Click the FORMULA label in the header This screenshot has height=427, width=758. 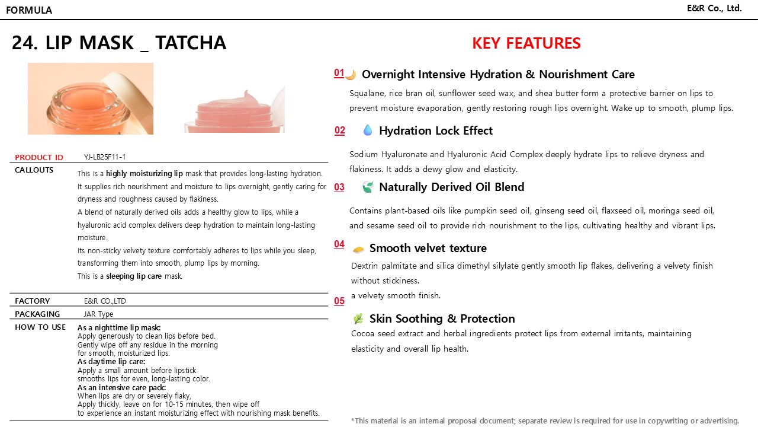(x=29, y=10)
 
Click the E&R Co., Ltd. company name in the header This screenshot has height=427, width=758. (x=714, y=8)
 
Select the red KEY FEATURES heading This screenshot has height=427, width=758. (x=526, y=43)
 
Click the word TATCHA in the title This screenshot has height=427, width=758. (x=191, y=43)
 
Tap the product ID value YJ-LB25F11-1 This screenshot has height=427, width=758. (x=105, y=157)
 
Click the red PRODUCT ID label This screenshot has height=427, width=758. (x=39, y=157)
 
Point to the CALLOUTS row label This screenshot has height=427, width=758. (x=34, y=170)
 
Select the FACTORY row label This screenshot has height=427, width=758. (x=32, y=301)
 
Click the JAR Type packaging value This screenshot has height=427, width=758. (x=98, y=314)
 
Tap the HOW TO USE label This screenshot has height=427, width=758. (x=40, y=327)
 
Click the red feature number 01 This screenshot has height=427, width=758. (x=339, y=73)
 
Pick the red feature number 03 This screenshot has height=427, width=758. (x=339, y=187)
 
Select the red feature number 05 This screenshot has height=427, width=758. (x=339, y=301)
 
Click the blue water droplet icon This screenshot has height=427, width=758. (x=368, y=130)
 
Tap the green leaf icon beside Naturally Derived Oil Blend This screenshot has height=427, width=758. (x=368, y=187)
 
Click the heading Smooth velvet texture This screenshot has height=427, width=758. (x=428, y=248)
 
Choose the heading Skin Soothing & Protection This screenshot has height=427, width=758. (x=442, y=318)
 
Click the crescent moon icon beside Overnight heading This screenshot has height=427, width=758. (x=351, y=75)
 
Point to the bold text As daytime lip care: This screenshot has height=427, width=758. (x=111, y=361)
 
